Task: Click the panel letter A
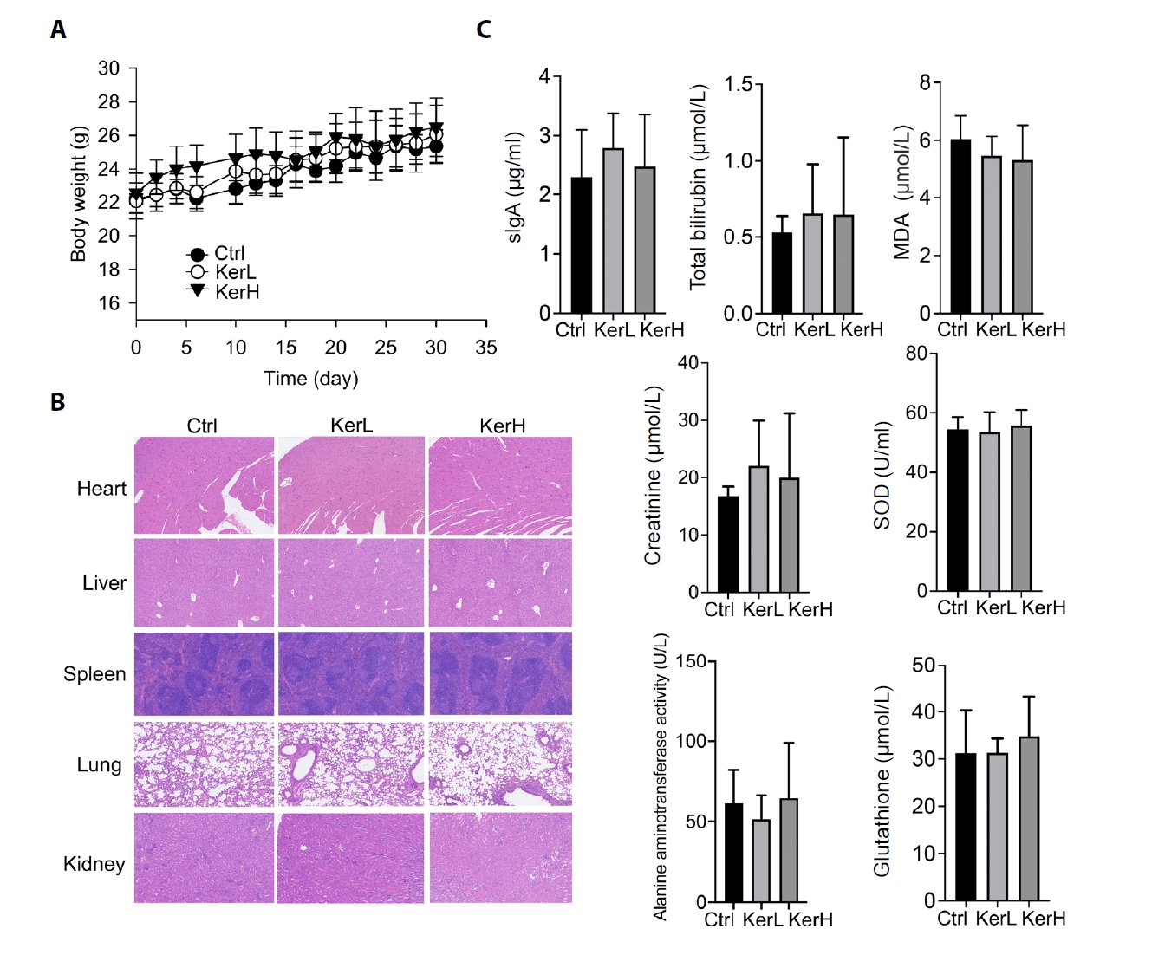tap(58, 29)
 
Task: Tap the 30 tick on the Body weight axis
tap(109, 68)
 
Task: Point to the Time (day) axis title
tap(310, 379)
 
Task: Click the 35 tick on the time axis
tap(486, 348)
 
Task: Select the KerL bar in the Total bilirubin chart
tap(812, 263)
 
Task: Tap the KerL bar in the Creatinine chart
tap(758, 529)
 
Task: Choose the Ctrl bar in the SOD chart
tap(958, 510)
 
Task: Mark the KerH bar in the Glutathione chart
tap(1029, 819)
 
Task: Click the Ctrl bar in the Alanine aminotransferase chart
tap(733, 853)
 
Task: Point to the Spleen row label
tap(94, 674)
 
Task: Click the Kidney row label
tap(94, 864)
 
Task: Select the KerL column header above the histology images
tap(351, 426)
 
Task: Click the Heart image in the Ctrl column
tap(205, 485)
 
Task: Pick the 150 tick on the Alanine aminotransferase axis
tap(691, 662)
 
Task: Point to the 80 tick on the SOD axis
tap(916, 354)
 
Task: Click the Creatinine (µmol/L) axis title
tap(653, 476)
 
